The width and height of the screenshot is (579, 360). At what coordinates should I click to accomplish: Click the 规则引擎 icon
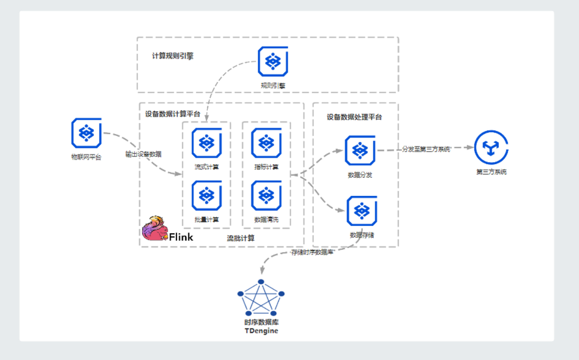[x=272, y=61]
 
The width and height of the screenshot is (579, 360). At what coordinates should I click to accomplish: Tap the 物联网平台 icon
[x=86, y=133]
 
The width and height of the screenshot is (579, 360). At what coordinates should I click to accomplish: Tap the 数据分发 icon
[x=360, y=150]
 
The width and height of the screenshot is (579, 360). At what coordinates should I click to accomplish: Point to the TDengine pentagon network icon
[x=261, y=299]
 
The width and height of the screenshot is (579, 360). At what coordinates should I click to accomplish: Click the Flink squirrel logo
[x=154, y=228]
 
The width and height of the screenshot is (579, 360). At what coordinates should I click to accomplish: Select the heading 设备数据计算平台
[x=173, y=115]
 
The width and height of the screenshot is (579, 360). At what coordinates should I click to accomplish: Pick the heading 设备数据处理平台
[x=354, y=117]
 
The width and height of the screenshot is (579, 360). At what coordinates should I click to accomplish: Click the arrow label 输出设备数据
[x=143, y=154]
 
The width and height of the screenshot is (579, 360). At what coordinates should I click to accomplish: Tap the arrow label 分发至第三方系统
[x=426, y=149]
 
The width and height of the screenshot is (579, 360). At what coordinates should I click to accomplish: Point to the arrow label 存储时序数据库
[x=313, y=252]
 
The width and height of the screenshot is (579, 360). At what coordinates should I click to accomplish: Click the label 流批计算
[x=240, y=238]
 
